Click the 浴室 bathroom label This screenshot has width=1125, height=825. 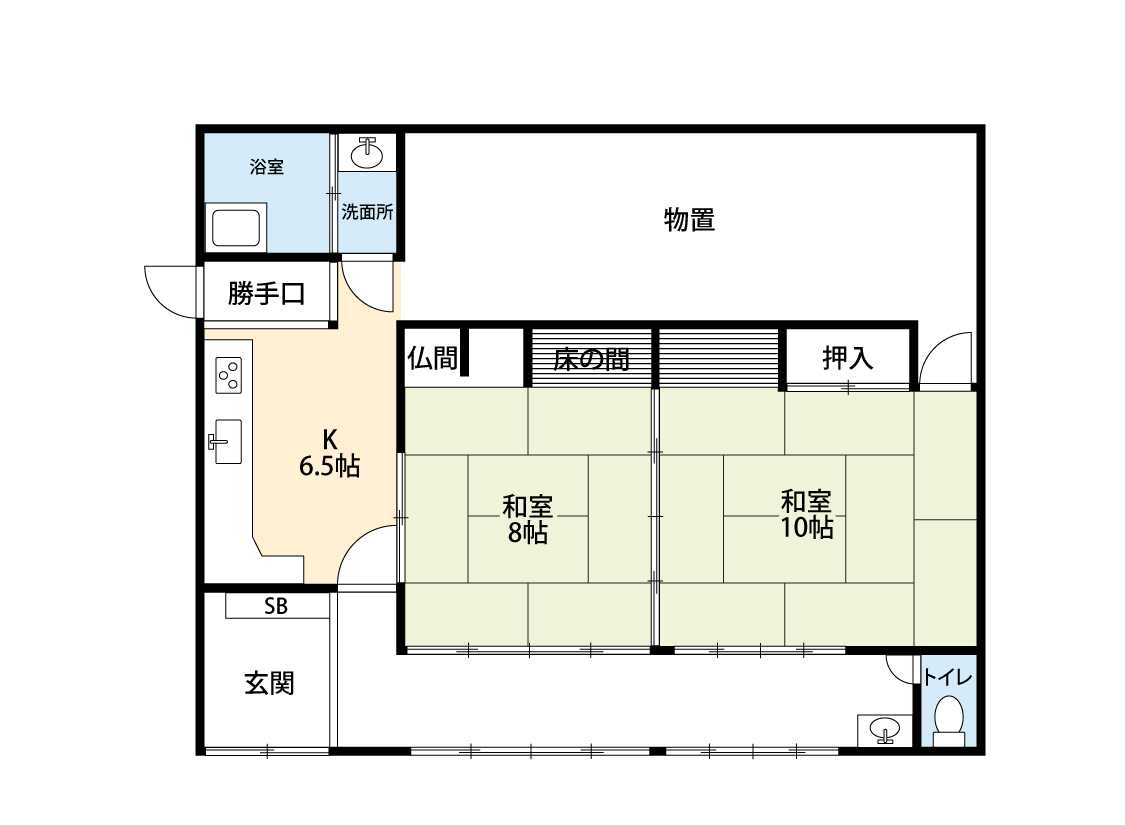tap(267, 167)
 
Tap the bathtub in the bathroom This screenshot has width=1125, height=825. tap(236, 228)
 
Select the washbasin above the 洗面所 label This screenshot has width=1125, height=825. tap(368, 153)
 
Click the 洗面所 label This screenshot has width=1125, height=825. tap(367, 212)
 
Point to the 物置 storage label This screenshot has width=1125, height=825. tap(689, 220)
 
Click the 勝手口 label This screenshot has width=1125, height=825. tap(265, 294)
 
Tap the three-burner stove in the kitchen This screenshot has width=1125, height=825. tap(229, 375)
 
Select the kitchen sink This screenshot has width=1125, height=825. tap(226, 441)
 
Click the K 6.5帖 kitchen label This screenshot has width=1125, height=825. tap(329, 452)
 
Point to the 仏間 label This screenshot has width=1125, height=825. tap(433, 358)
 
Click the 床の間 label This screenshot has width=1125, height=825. tap(591, 358)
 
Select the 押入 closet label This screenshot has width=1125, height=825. tap(847, 358)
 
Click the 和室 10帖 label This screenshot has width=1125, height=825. tap(806, 514)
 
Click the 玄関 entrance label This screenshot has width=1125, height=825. tap(269, 684)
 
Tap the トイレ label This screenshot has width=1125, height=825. tap(946, 677)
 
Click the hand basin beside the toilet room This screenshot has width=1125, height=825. tap(883, 731)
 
